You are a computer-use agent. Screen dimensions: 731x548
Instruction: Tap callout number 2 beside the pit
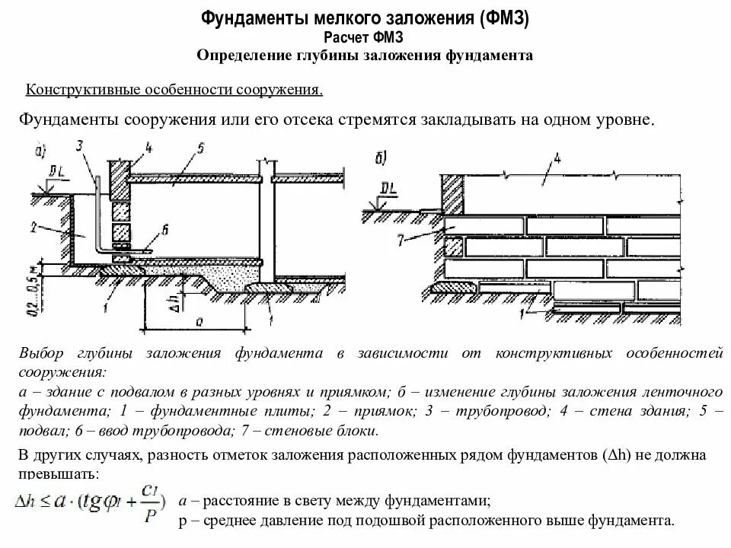tap(34, 225)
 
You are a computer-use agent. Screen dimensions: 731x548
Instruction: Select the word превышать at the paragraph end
tap(56, 473)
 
